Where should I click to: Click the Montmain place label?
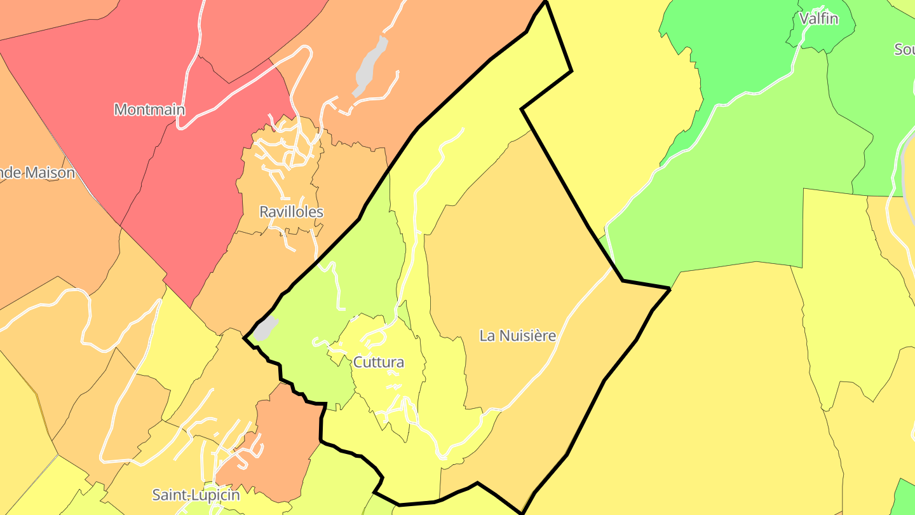(x=149, y=109)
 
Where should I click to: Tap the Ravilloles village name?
(x=291, y=212)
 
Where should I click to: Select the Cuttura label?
(x=378, y=362)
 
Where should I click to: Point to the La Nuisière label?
(x=517, y=336)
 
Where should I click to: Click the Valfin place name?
(x=818, y=18)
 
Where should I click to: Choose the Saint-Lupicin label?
(x=196, y=495)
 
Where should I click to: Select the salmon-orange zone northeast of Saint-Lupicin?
(x=280, y=439)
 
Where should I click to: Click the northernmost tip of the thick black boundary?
(x=545, y=3)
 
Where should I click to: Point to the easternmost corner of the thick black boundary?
(x=670, y=289)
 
